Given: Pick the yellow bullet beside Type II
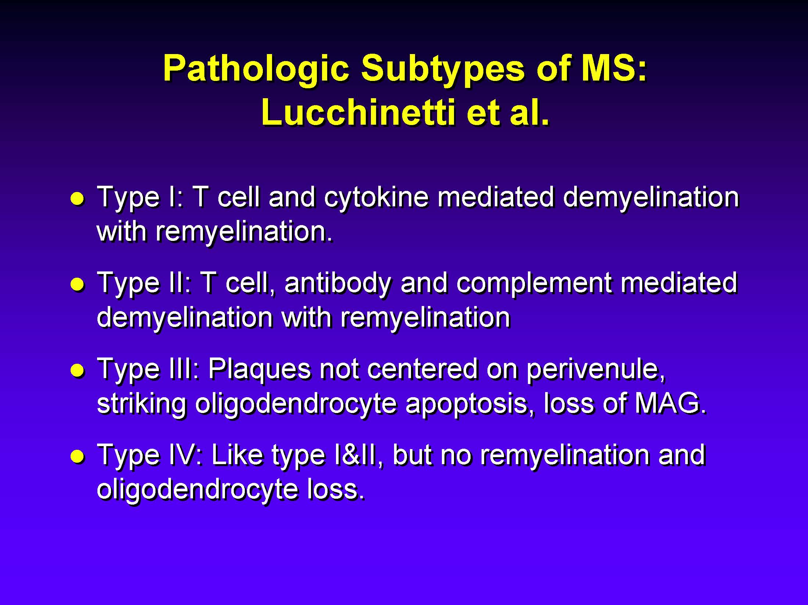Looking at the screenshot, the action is point(78,284).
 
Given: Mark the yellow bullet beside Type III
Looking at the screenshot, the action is point(78,370).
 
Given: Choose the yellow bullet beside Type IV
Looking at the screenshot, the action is point(78,456).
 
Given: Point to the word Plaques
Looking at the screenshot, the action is point(260,369).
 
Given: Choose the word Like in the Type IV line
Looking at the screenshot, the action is point(237,455).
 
